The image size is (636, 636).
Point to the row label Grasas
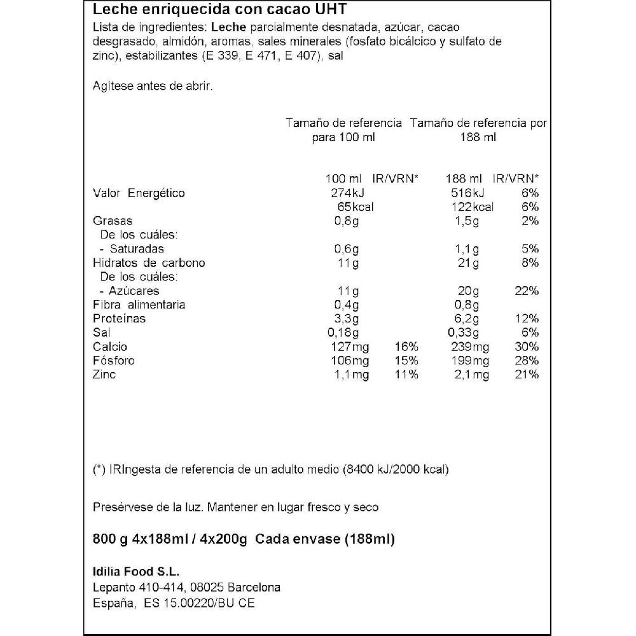113,221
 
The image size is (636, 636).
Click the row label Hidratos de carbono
149,263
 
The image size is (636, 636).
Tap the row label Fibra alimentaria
139,305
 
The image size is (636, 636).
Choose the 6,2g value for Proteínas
468,319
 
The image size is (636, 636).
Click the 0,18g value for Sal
347,333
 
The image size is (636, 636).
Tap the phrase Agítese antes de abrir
153,86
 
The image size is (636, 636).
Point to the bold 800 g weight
111,540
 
